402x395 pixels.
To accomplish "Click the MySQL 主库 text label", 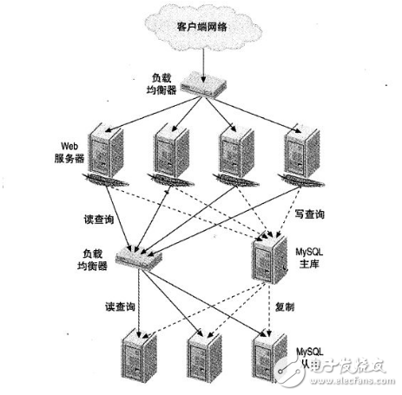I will click(x=311, y=257).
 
